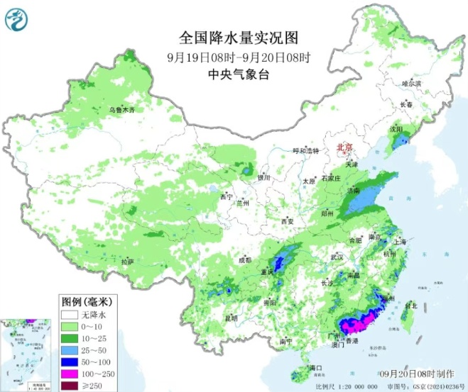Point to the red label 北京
(x=344, y=147)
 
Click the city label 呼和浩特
(x=306, y=150)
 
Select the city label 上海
(x=398, y=242)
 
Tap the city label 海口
(x=316, y=367)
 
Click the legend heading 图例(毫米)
(x=85, y=300)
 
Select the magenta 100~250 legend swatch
(x=69, y=372)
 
